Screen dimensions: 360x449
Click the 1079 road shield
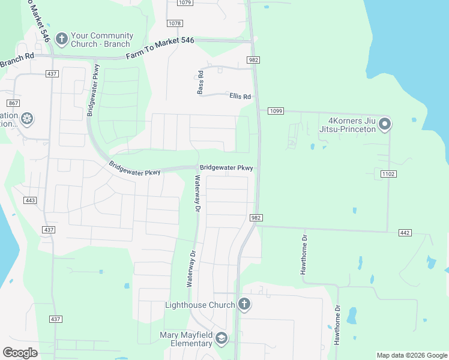[x=185, y=3]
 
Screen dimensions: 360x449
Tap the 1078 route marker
[x=175, y=23]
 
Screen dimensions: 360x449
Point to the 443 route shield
[x=31, y=200]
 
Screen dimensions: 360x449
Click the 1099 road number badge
[x=276, y=111]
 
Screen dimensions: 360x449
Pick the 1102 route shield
[x=387, y=173]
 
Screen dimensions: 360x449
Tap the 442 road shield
[x=405, y=232]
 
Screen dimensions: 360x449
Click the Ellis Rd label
[x=240, y=96]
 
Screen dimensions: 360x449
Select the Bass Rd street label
[x=200, y=82]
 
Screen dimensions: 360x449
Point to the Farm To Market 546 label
[x=160, y=49]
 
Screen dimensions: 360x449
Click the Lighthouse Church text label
[x=200, y=305]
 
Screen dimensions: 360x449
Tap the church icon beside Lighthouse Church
[x=244, y=304]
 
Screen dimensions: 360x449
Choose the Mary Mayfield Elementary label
[x=186, y=339]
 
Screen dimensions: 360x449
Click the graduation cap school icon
[x=221, y=339]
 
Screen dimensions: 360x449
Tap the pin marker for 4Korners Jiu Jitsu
[x=385, y=124]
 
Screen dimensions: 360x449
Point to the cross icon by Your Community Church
[x=61, y=40]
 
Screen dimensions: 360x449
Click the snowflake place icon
[x=26, y=119]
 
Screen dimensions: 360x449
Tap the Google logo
[x=20, y=353]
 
